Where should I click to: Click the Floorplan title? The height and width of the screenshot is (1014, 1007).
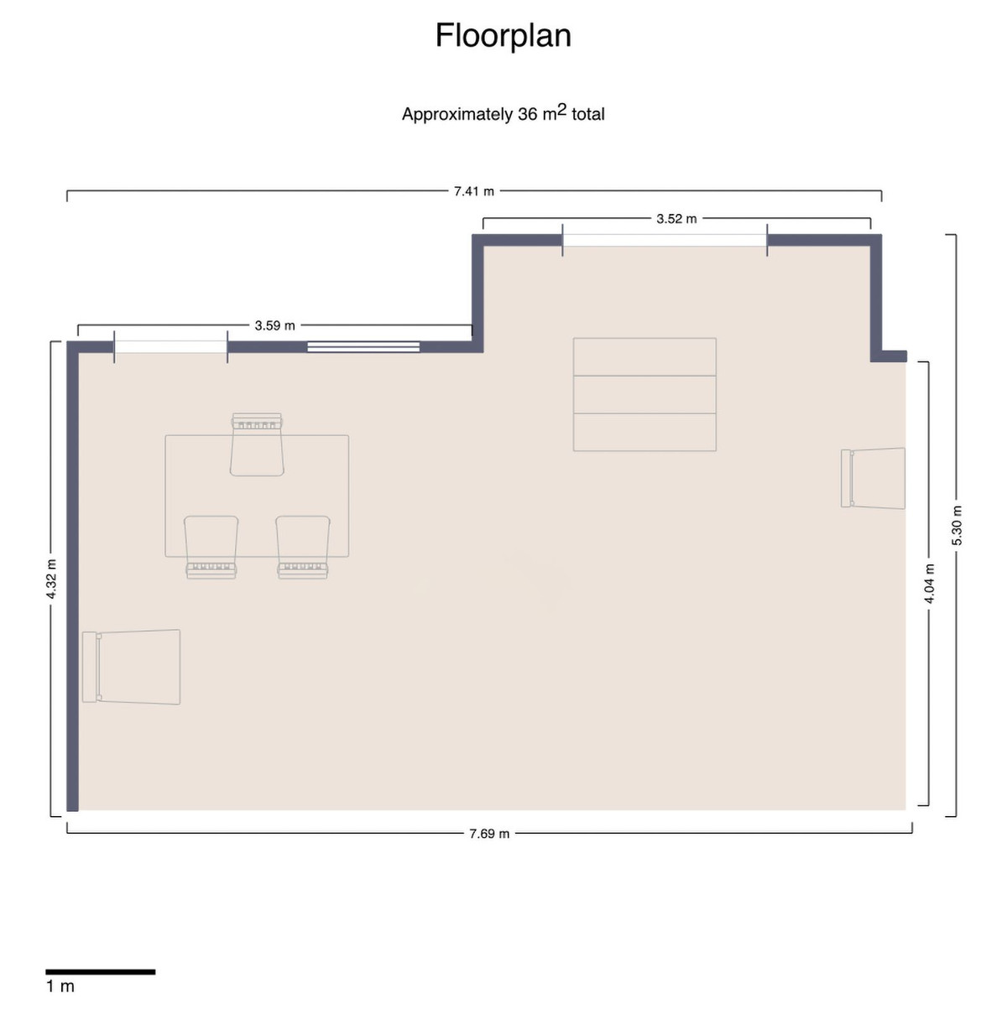(x=503, y=36)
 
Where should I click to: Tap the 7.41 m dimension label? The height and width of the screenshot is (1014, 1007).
(x=474, y=191)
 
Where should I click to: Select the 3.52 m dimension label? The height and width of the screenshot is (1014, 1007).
(x=676, y=219)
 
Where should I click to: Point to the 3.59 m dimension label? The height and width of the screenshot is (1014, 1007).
(x=274, y=325)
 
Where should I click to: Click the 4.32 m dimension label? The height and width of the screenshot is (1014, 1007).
(x=51, y=579)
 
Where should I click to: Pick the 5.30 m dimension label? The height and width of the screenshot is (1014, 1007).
(x=957, y=526)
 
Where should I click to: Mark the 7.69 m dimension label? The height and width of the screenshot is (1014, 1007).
(x=489, y=834)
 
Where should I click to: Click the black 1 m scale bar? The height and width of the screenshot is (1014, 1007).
(x=100, y=972)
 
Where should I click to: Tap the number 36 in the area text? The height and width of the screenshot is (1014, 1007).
(x=527, y=115)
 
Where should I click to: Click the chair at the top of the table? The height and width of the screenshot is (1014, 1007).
(x=257, y=445)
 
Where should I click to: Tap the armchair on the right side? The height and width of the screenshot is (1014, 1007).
(x=874, y=478)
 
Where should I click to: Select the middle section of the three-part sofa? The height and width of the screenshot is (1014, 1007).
(x=644, y=394)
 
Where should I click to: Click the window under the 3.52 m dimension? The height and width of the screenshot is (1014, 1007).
(x=664, y=240)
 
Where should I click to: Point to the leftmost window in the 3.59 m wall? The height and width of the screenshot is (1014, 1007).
(x=170, y=346)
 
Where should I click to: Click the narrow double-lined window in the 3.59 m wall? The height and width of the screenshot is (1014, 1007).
(x=363, y=346)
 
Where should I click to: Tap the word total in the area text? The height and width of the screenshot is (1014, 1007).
(x=587, y=115)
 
